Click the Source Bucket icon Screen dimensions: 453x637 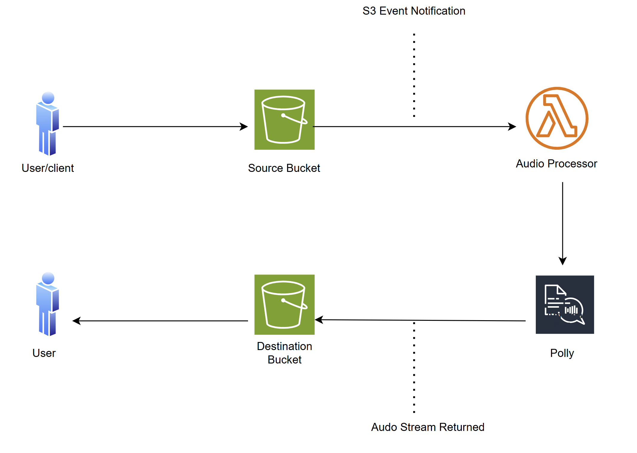click(284, 119)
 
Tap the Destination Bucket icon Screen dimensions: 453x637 click(284, 304)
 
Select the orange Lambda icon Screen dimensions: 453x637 click(557, 118)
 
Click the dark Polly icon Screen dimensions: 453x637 click(564, 304)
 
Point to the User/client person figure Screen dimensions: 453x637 click(48, 124)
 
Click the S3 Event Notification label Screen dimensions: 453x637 click(414, 11)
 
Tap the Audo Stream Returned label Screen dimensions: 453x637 click(427, 427)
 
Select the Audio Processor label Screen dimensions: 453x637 click(556, 164)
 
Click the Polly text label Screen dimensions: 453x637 click(562, 353)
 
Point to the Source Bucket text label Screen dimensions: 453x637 click(284, 168)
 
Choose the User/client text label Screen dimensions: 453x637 click(48, 168)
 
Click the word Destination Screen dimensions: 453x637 click(284, 346)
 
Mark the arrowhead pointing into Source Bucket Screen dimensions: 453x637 click(244, 127)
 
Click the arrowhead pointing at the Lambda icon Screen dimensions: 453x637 click(513, 127)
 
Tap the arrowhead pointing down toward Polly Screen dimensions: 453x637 click(562, 261)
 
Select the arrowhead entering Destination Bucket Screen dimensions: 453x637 click(319, 320)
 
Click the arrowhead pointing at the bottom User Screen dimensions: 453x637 click(76, 321)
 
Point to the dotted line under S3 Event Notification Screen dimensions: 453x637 click(414, 75)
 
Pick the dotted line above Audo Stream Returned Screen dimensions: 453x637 click(414, 367)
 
